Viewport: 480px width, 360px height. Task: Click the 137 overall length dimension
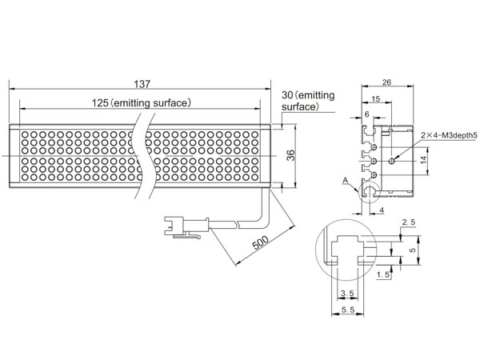(x=142, y=84)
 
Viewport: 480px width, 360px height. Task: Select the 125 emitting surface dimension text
(x=142, y=103)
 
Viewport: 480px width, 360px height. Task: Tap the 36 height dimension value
(x=291, y=155)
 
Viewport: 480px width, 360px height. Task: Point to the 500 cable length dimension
(x=261, y=242)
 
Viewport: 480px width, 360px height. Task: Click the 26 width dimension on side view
(x=386, y=82)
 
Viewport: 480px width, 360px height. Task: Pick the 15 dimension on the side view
(x=376, y=99)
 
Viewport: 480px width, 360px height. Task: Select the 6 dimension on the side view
(x=367, y=114)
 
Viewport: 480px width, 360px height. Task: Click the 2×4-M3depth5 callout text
(x=449, y=135)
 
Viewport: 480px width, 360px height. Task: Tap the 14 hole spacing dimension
(x=423, y=159)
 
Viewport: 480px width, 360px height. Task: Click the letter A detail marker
(x=346, y=181)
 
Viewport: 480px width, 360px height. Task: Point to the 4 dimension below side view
(x=382, y=210)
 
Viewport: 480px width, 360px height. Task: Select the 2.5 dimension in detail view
(x=409, y=222)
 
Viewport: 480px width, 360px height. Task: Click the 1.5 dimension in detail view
(x=383, y=274)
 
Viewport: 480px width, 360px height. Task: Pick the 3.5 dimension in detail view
(x=347, y=294)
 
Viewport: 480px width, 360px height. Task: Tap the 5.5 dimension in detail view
(x=348, y=310)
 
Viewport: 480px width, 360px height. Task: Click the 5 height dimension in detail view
(x=413, y=250)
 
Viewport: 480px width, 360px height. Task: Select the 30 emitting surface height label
(x=308, y=101)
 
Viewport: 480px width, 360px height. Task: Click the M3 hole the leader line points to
(x=391, y=161)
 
